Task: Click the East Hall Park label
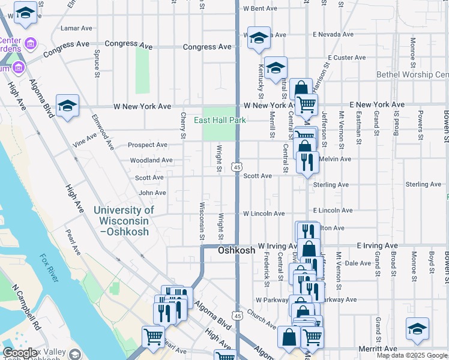click(220, 120)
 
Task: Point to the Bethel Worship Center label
click(412, 74)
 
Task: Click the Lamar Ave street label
click(76, 28)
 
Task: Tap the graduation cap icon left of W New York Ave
click(68, 105)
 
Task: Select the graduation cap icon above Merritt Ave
click(417, 328)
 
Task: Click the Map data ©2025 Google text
click(412, 355)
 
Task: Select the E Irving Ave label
click(377, 246)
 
